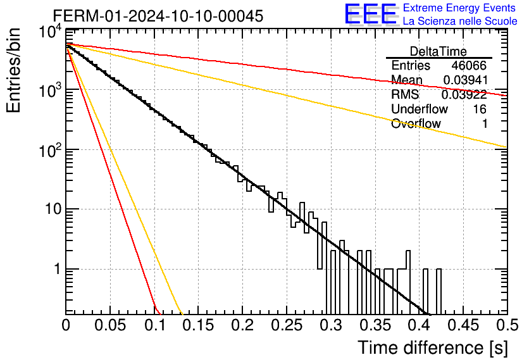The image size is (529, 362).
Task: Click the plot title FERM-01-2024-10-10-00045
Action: (x=158, y=16)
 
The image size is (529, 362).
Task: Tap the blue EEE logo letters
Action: (x=371, y=14)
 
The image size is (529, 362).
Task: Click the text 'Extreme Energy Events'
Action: (x=459, y=8)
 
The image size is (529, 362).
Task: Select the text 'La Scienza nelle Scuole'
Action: (x=460, y=21)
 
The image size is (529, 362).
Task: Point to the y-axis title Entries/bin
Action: (x=13, y=70)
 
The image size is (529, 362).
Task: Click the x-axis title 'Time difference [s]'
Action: (x=433, y=348)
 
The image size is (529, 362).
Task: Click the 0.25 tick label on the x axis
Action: (x=286, y=325)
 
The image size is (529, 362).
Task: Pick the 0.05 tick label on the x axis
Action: (x=110, y=325)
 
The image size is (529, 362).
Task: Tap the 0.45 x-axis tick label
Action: (x=463, y=325)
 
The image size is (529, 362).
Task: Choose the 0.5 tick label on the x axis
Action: (x=507, y=325)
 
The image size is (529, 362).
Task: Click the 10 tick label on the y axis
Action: (x=53, y=209)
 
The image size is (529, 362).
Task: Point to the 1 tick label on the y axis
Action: (x=57, y=270)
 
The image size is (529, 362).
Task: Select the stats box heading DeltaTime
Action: (x=439, y=51)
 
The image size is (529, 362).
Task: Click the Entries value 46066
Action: (x=469, y=65)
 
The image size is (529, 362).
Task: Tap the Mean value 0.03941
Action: (x=466, y=80)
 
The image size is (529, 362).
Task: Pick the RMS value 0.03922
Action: (x=464, y=95)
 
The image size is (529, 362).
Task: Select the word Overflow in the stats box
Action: (x=416, y=124)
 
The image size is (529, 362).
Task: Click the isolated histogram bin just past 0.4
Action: (x=439, y=292)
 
